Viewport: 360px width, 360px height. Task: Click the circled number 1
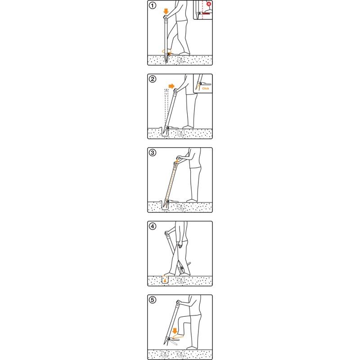[153, 5]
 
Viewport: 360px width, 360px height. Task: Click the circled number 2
[153, 79]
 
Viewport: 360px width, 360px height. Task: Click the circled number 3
[153, 153]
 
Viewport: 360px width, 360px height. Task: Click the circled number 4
[153, 226]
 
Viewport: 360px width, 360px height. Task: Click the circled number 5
[153, 300]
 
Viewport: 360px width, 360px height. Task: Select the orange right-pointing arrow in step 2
[171, 86]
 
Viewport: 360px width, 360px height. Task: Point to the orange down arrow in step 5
[175, 331]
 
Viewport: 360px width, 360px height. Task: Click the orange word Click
[206, 88]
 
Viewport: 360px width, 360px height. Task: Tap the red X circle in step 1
[209, 4]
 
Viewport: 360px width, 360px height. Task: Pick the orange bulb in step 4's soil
[165, 280]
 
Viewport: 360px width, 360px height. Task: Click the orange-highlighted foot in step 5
[178, 337]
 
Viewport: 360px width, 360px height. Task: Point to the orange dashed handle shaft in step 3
[171, 181]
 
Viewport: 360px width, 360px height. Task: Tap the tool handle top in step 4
[166, 233]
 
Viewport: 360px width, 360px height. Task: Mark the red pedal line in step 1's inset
[206, 13]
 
